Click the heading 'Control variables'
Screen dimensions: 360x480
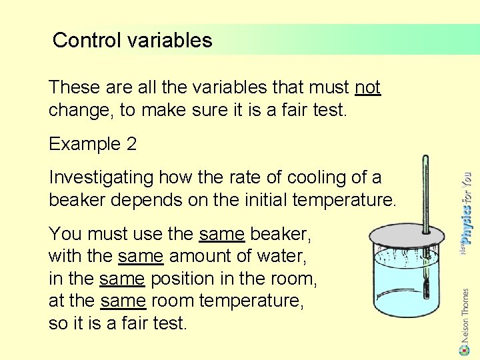pos(132,41)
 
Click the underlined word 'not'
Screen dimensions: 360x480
pos(367,87)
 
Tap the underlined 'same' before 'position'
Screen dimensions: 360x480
pos(121,278)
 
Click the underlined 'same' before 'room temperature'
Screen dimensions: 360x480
pos(123,301)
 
